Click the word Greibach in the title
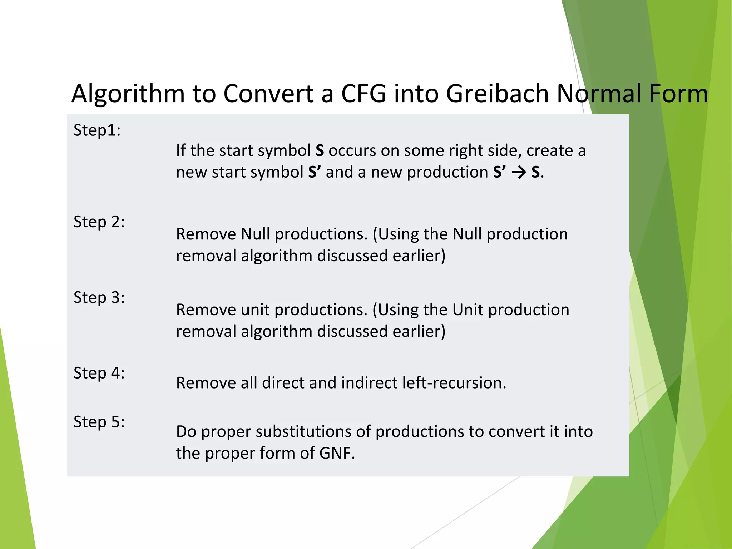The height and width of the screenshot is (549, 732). [498, 94]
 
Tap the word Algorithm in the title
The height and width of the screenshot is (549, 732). [128, 94]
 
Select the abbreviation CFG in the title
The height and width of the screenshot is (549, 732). [364, 94]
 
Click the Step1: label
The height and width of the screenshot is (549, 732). [97, 130]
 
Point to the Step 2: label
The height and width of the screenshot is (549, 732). [99, 222]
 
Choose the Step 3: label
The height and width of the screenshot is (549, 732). [99, 297]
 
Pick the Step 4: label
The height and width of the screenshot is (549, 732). [99, 373]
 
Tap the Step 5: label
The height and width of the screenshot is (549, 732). [99, 422]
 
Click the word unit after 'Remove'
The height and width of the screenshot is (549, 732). [254, 310]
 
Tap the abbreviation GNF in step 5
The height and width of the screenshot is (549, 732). [337, 453]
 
